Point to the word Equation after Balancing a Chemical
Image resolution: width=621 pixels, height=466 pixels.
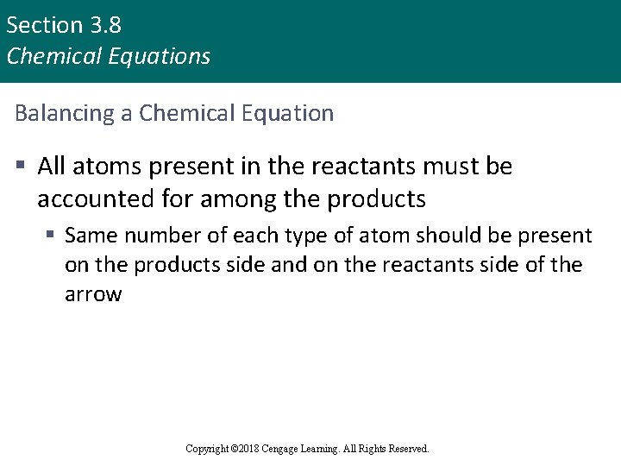tap(290, 113)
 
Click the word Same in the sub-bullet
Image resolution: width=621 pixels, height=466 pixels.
tap(90, 236)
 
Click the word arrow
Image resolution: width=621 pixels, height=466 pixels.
tap(93, 294)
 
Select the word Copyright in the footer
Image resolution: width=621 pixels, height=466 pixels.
tap(207, 449)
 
